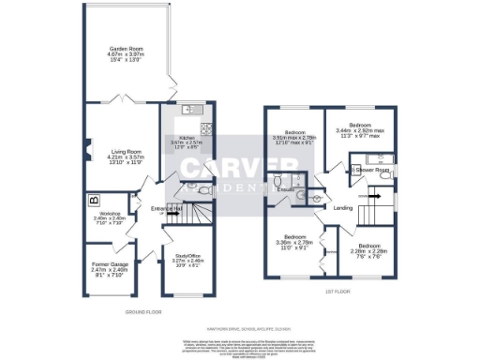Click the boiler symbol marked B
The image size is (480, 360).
click(x=93, y=200)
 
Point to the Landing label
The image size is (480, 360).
click(x=341, y=207)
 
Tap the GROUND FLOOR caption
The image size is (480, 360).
click(x=143, y=311)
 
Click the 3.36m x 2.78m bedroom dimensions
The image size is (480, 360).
click(x=293, y=242)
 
